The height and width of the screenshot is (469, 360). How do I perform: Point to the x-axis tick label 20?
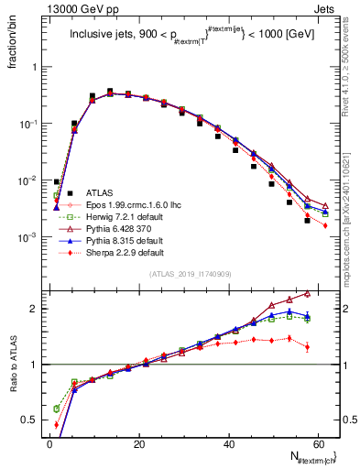tap(138, 444)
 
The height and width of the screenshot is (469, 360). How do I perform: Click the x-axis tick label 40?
tap(228, 444)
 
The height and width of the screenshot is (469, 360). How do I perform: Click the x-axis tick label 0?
tap(49, 444)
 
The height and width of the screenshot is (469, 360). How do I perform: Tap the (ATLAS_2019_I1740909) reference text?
tap(191, 275)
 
